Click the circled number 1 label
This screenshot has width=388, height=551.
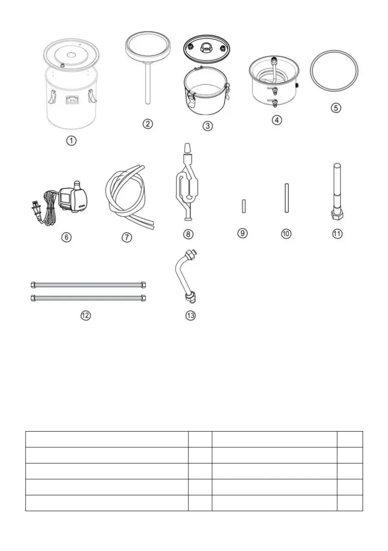pos(71,141)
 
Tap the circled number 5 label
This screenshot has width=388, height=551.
pos(336,108)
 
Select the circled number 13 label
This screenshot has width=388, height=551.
pos(190,316)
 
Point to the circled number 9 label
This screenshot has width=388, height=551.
pos(243,233)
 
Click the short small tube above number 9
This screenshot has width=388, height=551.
pos(243,206)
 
